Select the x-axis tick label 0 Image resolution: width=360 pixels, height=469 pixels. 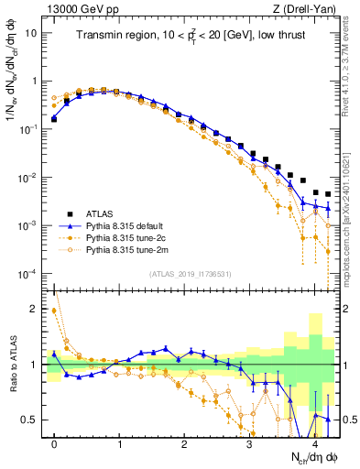[x=54, y=442]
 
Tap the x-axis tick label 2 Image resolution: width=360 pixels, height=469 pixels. [x=184, y=442]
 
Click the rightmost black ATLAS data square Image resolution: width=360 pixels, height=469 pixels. [x=328, y=194]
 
